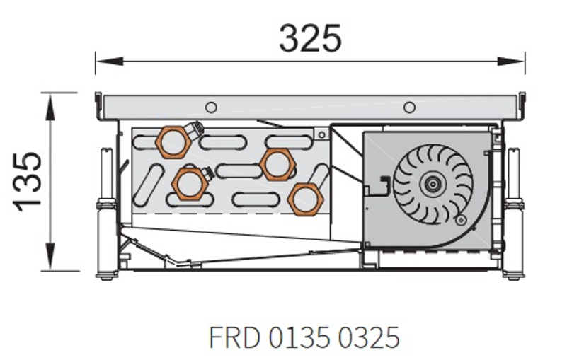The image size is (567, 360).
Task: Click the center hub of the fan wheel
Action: coord(429,184)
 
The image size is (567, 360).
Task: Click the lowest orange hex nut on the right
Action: coord(304,197)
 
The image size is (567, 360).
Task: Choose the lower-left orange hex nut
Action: coord(190,183)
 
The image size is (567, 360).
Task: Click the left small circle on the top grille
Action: coord(210,107)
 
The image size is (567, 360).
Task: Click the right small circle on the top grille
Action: coord(409,107)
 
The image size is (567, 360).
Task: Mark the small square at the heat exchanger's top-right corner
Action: coord(321,134)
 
